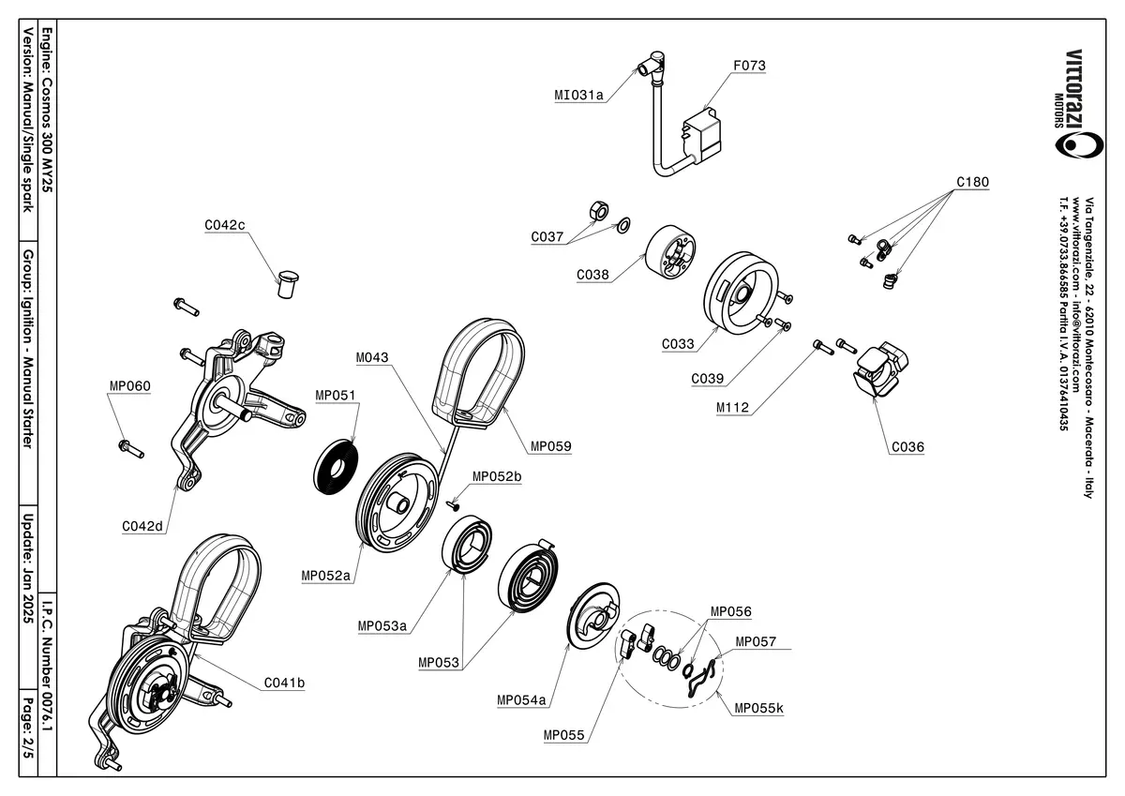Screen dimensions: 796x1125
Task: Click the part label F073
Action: click(749, 67)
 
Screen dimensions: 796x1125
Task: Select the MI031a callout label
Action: click(578, 95)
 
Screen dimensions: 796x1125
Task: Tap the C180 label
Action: click(972, 182)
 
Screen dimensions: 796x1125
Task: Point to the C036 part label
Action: click(907, 447)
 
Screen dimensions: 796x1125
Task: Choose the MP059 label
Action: click(550, 446)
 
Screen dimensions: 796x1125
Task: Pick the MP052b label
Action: click(497, 476)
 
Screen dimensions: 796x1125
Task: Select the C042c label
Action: click(224, 225)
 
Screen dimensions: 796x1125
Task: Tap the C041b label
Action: click(284, 683)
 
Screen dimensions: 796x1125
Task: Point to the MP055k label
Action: click(758, 708)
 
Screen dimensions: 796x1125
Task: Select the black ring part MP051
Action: click(336, 464)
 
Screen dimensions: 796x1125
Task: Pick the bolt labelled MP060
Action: click(130, 448)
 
